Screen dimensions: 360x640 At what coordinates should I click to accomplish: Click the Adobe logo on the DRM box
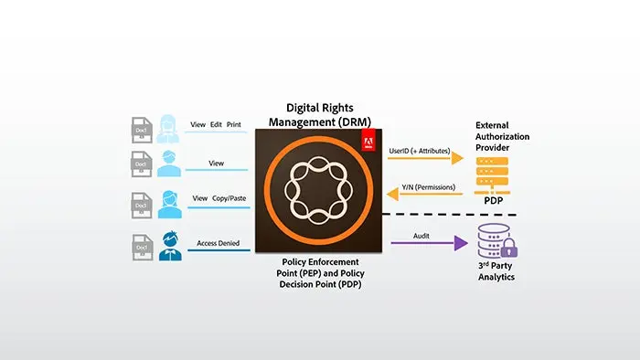(x=369, y=139)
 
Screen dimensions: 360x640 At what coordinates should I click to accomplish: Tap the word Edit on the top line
(x=218, y=124)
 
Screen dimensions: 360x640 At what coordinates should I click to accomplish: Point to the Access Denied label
(x=219, y=243)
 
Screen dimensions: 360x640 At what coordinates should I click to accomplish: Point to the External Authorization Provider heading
(x=504, y=134)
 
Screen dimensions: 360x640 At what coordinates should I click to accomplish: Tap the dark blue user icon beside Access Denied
(x=168, y=246)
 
